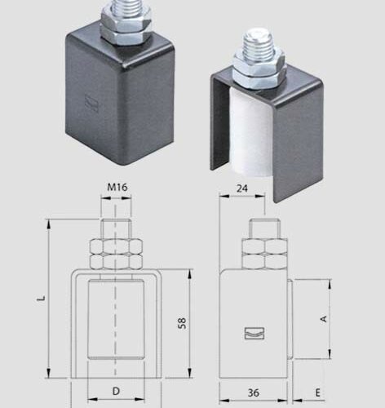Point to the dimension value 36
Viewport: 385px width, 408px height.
[x=255, y=392]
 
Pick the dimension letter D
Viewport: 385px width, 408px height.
[x=116, y=392]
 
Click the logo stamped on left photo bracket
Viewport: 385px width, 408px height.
[x=90, y=104]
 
